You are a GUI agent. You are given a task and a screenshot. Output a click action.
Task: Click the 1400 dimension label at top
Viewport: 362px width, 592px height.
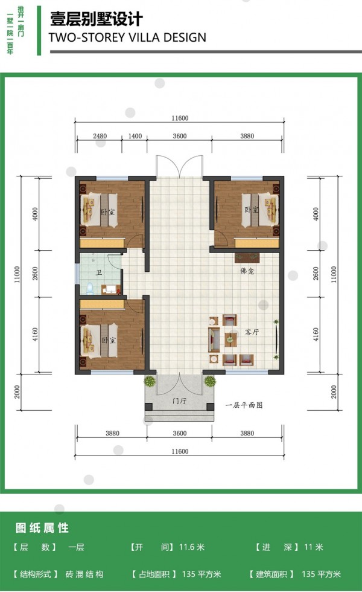point(135,136)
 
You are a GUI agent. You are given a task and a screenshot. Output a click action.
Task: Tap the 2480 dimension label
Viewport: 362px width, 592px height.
point(100,136)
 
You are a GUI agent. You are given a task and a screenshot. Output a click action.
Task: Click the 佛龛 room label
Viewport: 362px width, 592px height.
point(247,271)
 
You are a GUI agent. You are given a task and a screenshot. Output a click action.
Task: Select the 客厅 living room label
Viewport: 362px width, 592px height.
point(252,332)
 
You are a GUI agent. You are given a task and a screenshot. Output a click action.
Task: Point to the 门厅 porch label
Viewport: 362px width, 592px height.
point(179,401)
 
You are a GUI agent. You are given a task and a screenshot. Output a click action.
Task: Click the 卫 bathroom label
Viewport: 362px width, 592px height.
point(99,272)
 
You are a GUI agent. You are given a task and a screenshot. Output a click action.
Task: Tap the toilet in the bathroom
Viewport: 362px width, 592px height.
point(90,288)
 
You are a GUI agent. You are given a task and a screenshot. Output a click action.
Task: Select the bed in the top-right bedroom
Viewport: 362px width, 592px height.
point(260,211)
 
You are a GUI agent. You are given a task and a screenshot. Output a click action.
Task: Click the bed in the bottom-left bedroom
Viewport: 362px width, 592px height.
point(99,341)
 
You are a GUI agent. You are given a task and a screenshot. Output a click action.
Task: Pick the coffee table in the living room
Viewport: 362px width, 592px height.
point(230,339)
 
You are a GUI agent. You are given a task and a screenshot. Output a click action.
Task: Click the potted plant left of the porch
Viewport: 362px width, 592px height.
point(150,381)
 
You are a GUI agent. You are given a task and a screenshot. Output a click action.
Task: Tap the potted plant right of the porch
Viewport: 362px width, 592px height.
point(210,381)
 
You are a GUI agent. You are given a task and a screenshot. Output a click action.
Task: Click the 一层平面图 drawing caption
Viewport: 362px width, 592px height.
point(244,405)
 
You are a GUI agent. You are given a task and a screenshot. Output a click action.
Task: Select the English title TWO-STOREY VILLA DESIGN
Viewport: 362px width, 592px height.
point(127,37)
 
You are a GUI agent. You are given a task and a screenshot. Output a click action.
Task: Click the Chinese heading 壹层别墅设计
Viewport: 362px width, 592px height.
point(97,19)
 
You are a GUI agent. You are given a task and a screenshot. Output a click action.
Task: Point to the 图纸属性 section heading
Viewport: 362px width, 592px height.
point(42,527)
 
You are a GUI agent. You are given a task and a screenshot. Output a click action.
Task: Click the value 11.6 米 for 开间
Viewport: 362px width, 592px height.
point(192,547)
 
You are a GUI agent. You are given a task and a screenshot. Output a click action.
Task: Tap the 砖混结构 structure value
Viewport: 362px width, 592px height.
point(84,574)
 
